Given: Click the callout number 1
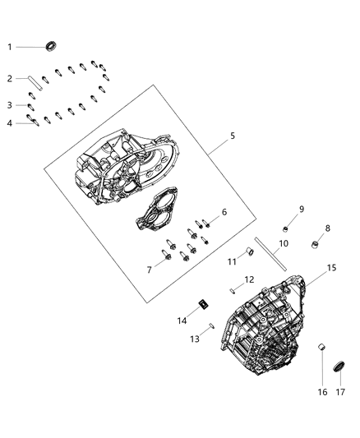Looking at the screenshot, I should [10, 47].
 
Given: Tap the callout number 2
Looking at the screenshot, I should [10, 79].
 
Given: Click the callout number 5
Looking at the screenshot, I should [233, 136].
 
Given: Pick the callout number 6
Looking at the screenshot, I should [223, 212].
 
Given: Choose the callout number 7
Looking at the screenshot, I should [149, 270].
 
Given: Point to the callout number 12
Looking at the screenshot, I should [249, 280].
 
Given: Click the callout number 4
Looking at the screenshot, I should [10, 123].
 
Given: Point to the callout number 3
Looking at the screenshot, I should [10, 105].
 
